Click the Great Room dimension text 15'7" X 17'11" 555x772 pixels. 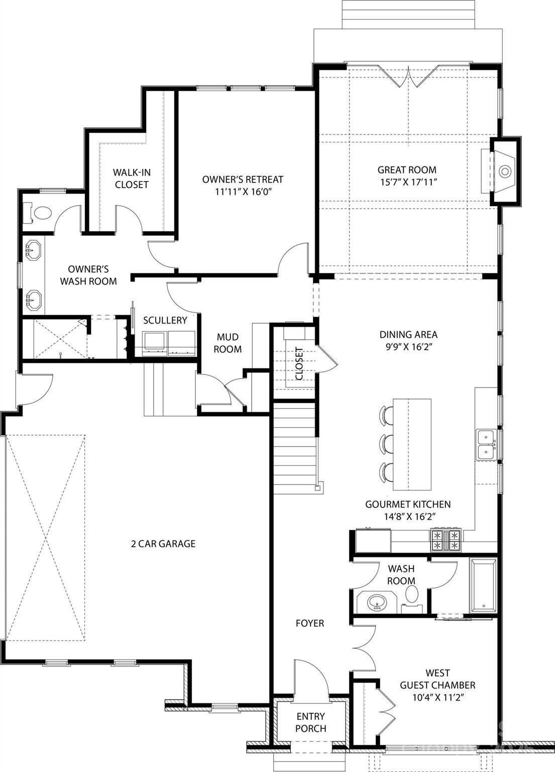pos(407,182)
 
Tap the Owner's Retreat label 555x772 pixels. pos(243,179)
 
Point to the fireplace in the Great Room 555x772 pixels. pos(504,171)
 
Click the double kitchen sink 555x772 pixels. pos(486,445)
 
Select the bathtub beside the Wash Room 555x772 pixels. pos(484,586)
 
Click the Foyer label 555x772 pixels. pos(310,623)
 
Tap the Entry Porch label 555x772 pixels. pos(310,722)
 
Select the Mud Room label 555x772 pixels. pos(228,343)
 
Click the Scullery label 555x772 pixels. pos(165,320)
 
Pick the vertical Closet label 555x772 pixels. pos(299,363)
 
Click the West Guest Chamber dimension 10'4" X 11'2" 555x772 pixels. pos(437,698)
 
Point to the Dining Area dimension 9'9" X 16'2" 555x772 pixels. pos(408,346)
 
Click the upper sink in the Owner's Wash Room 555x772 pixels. pos(34,248)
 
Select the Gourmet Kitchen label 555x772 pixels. pos(408,504)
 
